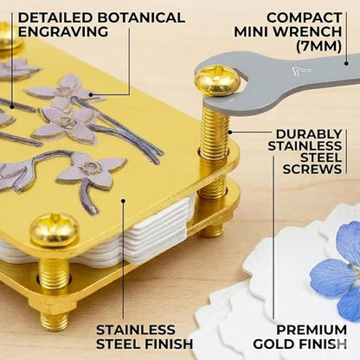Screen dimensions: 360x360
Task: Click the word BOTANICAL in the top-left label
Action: tap(141, 17)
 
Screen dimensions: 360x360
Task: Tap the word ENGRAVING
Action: tap(63, 31)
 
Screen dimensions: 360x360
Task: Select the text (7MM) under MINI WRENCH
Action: tap(318, 46)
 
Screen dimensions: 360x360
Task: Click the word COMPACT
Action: tap(304, 17)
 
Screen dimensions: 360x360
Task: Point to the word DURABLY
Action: tap(309, 134)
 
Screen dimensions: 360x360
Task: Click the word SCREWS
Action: tap(312, 169)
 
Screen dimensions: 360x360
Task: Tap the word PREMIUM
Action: tap(312, 330)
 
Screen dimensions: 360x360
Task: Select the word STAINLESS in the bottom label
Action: tap(136, 330)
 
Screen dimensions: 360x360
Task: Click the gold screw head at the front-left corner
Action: tap(55, 229)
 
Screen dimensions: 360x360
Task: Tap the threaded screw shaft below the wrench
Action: tap(215, 133)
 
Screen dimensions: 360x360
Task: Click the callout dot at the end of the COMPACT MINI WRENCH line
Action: tap(346, 63)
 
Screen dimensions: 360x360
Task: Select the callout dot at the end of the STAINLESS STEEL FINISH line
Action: tap(123, 201)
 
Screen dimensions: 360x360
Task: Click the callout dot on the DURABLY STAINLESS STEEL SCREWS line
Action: tap(230, 132)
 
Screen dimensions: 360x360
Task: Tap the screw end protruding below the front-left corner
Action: tap(55, 321)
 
